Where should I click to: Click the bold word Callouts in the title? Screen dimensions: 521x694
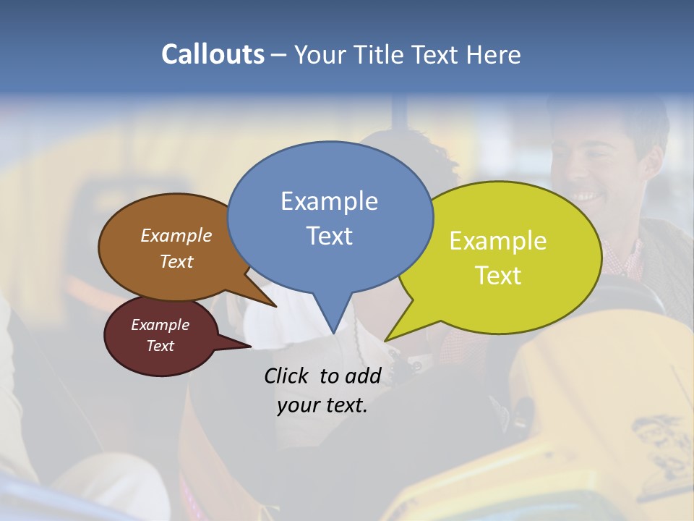coord(213,54)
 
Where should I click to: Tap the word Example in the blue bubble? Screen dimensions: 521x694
coord(329,201)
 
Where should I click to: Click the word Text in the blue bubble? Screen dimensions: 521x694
coord(329,236)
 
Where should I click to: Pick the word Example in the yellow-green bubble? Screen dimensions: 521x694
coord(498,241)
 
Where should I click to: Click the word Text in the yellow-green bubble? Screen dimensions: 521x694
coord(498,276)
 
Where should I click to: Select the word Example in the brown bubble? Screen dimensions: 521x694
coord(176,236)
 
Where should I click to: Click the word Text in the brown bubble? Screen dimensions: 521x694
coord(176,261)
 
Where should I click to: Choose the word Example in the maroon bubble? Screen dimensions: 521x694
coord(160,325)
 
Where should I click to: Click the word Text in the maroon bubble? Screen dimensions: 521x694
coord(160,346)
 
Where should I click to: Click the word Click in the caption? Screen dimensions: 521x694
coord(287,376)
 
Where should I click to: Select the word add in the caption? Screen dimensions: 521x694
coord(363,376)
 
